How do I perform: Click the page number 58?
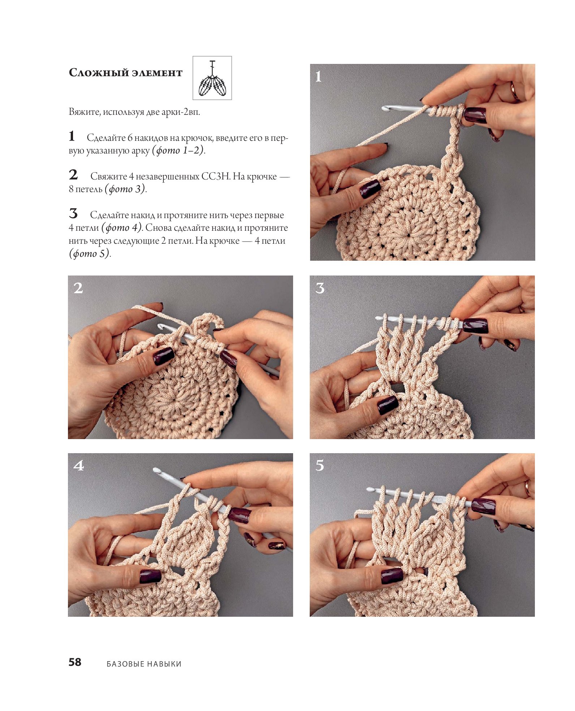75,662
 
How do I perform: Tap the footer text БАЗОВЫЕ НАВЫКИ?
144,664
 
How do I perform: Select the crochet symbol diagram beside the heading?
212,78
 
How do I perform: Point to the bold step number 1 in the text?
72,136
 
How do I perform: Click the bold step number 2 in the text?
73,175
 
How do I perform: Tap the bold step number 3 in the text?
73,213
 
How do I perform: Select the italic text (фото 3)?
125,189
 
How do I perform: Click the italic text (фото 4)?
122,228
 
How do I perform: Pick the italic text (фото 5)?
89,253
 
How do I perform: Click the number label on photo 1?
318,76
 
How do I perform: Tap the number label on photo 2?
78,288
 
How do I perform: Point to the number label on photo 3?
320,288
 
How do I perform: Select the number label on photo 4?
78,465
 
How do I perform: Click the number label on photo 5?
320,465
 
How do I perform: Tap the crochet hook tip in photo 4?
156,470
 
